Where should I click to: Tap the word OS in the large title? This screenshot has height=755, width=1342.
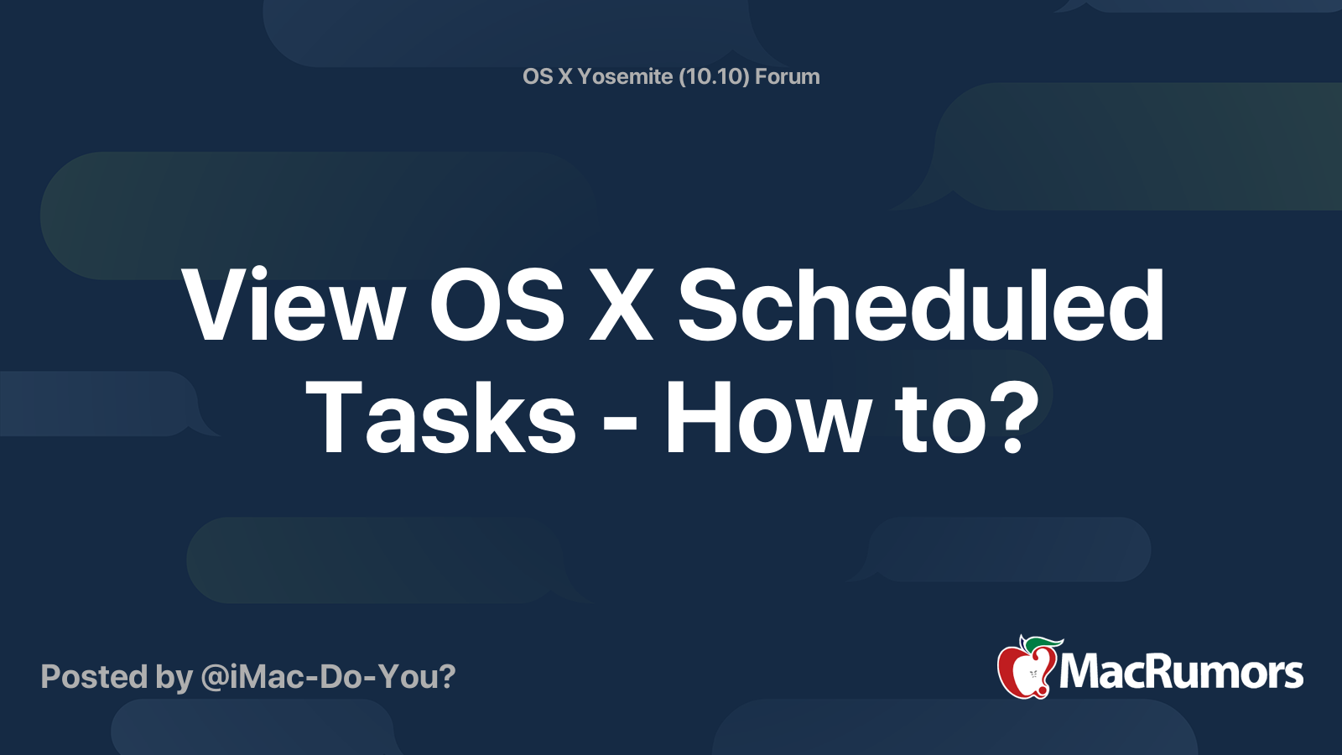[497, 306]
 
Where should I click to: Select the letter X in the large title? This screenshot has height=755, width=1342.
[621, 306]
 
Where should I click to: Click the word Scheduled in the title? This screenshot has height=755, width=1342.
[920, 306]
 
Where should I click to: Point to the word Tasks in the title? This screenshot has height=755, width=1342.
[440, 418]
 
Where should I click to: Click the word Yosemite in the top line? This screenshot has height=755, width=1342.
[625, 76]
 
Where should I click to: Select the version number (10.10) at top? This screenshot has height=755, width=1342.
[714, 76]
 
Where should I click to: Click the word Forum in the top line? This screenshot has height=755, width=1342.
[787, 76]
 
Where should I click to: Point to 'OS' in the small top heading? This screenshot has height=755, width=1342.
[537, 76]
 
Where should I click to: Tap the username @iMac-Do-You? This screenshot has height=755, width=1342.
[328, 676]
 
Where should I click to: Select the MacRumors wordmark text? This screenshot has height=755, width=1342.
[1181, 673]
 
